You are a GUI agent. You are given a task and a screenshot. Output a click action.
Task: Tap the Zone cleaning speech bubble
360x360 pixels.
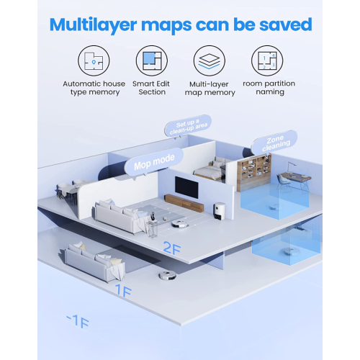point(274,141)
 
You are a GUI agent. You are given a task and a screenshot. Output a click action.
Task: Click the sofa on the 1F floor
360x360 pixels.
point(94,261)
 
